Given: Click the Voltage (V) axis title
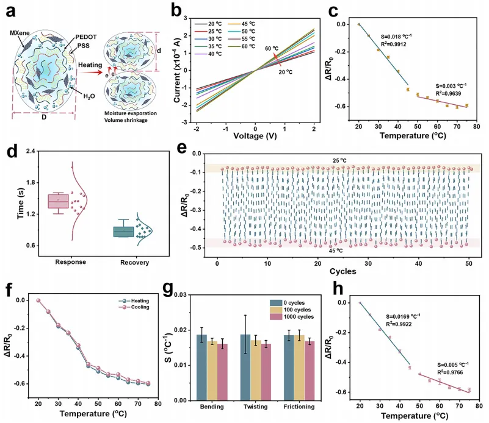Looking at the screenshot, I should [255, 139].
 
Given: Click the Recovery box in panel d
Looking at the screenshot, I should [123, 232].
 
